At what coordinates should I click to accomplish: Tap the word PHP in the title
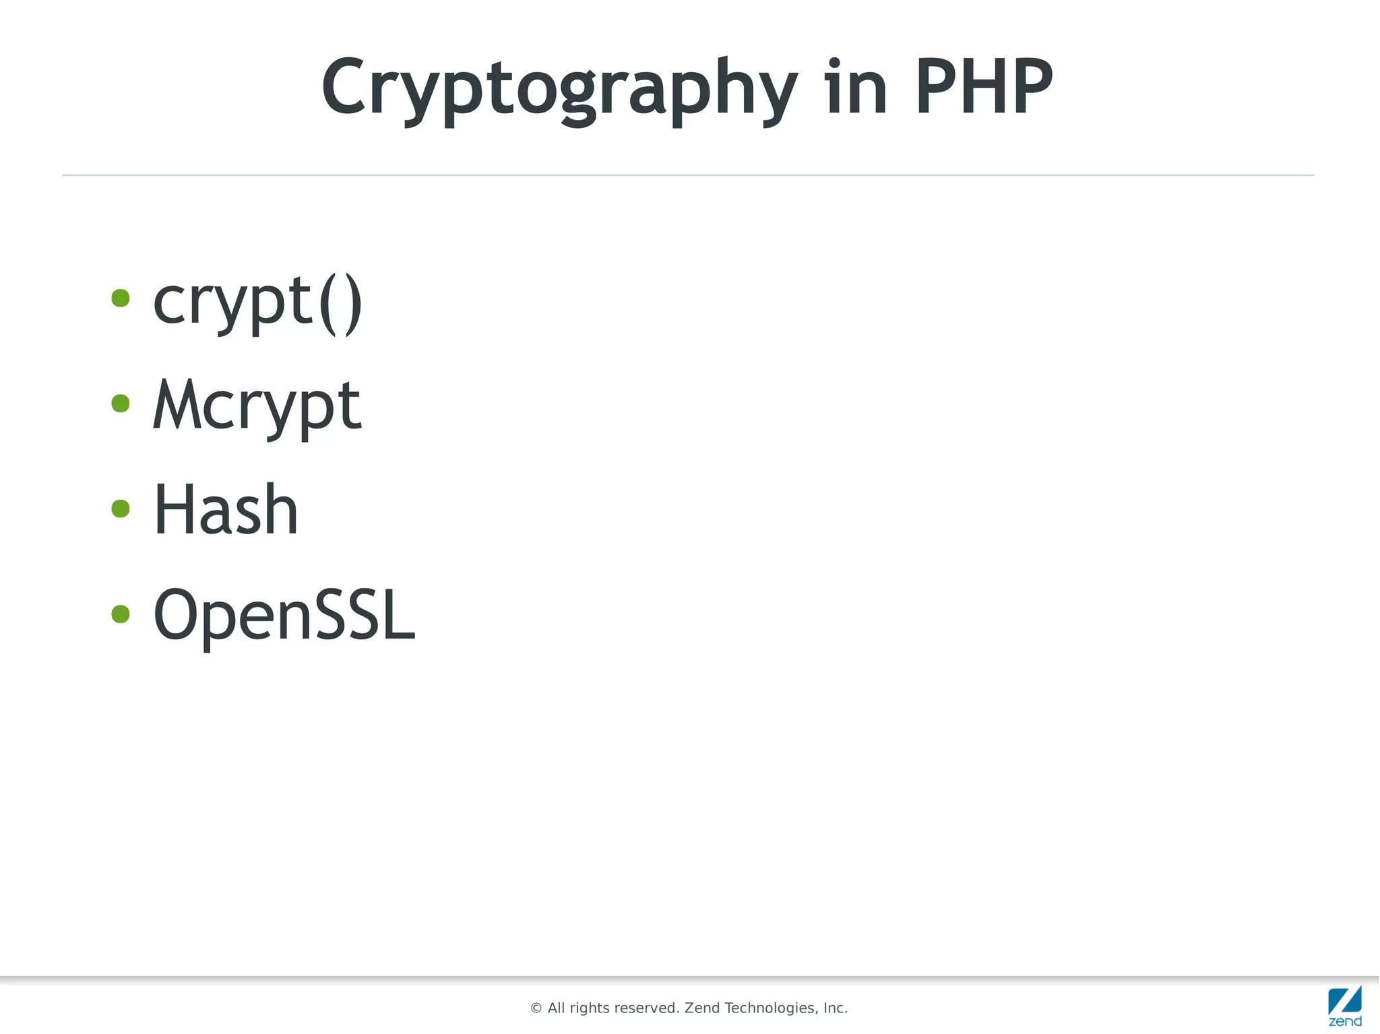[x=983, y=88]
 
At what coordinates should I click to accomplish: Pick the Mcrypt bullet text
[x=257, y=406]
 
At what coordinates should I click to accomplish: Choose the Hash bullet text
[x=226, y=510]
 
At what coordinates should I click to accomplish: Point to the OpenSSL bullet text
[x=284, y=614]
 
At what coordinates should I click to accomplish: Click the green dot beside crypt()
[x=121, y=298]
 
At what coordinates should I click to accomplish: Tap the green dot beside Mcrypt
[x=121, y=403]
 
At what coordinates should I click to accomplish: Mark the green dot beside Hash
[x=121, y=508]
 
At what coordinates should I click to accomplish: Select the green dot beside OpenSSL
[x=121, y=614]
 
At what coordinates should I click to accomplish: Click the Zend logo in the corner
[x=1345, y=1006]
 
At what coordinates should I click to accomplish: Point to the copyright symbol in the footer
[x=536, y=1008]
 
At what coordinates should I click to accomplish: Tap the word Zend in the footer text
[x=702, y=1008]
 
